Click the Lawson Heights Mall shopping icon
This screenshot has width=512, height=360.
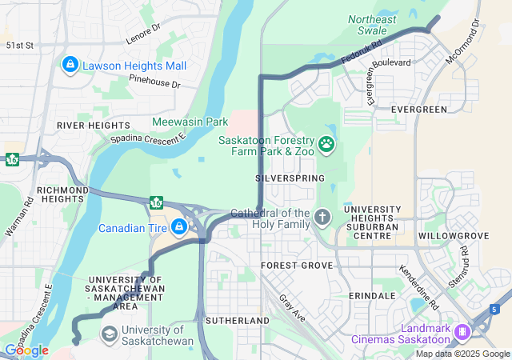click(70, 63)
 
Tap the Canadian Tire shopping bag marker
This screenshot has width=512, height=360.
click(179, 229)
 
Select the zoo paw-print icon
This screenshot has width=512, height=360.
click(326, 144)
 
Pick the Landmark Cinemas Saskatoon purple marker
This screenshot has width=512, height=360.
click(461, 331)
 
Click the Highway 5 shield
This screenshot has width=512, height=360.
click(496, 309)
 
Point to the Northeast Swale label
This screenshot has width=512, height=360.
click(372, 25)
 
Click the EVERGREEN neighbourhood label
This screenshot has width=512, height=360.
click(418, 109)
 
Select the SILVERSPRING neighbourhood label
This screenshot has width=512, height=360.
click(290, 178)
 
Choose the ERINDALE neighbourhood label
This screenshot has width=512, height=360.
click(372, 295)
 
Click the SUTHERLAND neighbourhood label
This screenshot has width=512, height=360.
click(238, 320)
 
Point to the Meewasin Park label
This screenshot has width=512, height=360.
click(190, 122)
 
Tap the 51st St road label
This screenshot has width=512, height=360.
click(19, 46)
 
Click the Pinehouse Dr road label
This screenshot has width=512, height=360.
click(155, 82)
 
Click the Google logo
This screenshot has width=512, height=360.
click(26, 350)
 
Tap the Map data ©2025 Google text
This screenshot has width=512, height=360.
click(462, 354)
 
